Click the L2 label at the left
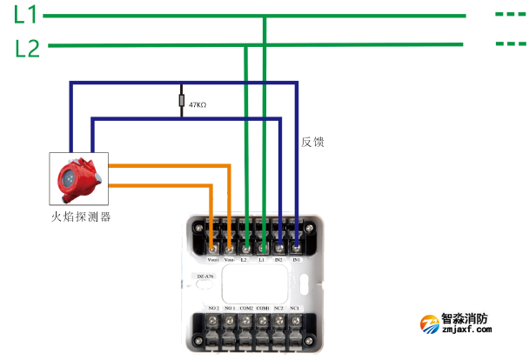[x=28, y=49]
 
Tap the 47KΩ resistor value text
[x=197, y=104]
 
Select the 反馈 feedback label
[x=312, y=142]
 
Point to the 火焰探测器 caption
[x=80, y=215]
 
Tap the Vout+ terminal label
[x=212, y=259]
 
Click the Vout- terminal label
[x=229, y=259]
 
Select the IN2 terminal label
[x=279, y=259]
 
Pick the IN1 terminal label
[x=296, y=259]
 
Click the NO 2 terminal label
[x=213, y=309]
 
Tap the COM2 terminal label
[x=246, y=309]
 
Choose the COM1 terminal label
[x=263, y=309]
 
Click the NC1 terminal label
[x=295, y=309]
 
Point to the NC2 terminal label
[x=279, y=309]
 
